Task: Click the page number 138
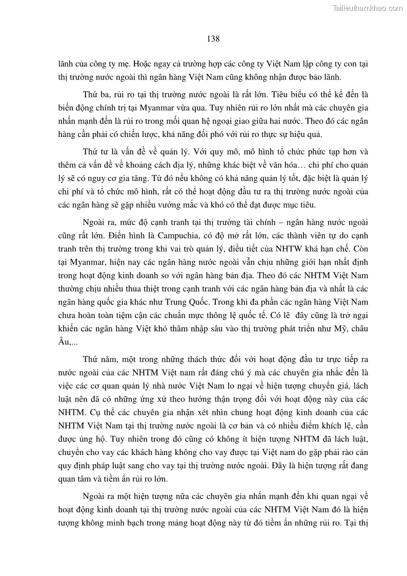pos(213,39)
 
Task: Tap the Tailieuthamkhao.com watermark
pos(368,8)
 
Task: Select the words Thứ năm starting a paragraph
pos(98,360)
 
